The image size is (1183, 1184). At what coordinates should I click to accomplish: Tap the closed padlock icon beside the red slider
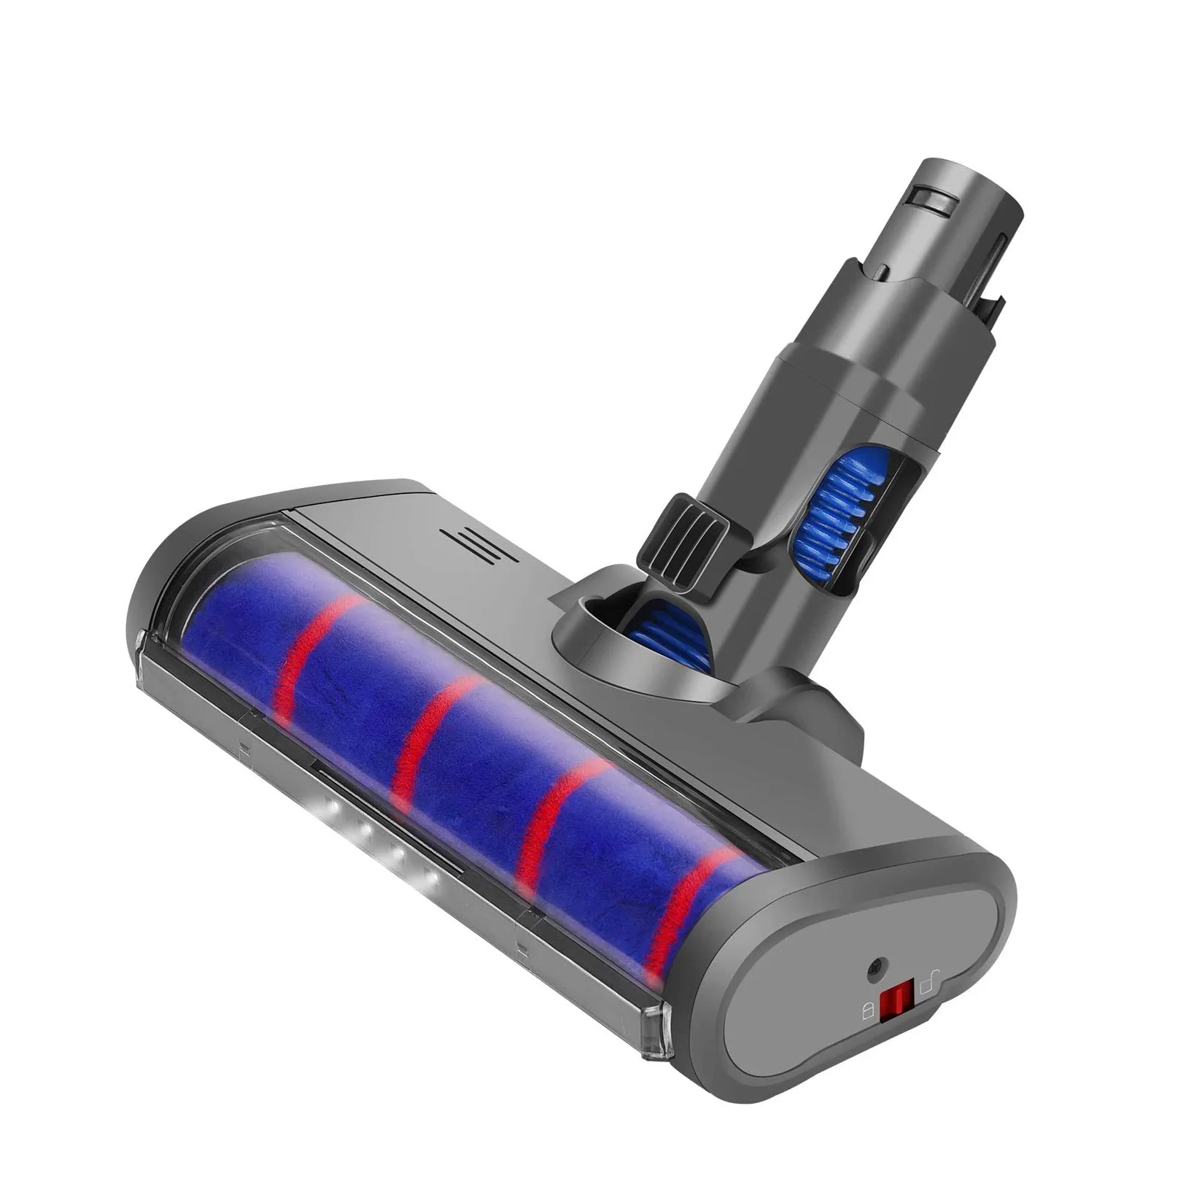868,1011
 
